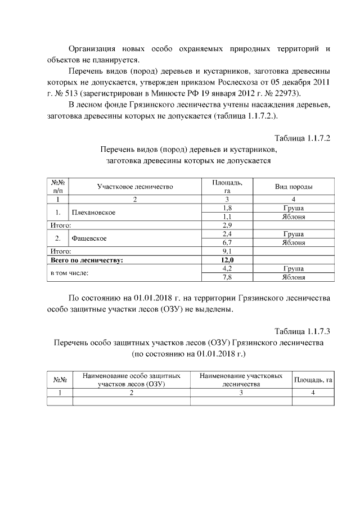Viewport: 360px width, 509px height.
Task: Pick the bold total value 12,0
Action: pos(227,260)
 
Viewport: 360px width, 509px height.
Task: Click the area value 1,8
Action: pos(227,208)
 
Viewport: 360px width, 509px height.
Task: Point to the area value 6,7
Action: pos(227,242)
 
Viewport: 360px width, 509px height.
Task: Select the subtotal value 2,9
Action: pos(227,225)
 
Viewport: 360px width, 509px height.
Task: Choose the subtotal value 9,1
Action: pos(227,251)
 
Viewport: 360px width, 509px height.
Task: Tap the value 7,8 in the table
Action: pos(227,277)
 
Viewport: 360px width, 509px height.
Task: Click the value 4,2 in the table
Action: pos(227,269)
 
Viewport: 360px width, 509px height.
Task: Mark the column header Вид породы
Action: pos(294,187)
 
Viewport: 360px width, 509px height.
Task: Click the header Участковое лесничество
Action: pos(135,187)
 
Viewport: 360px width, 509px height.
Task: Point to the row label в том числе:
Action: pos(70,273)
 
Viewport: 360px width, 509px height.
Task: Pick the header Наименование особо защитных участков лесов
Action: pos(131,380)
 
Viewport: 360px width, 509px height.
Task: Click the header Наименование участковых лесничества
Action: pos(241,380)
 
